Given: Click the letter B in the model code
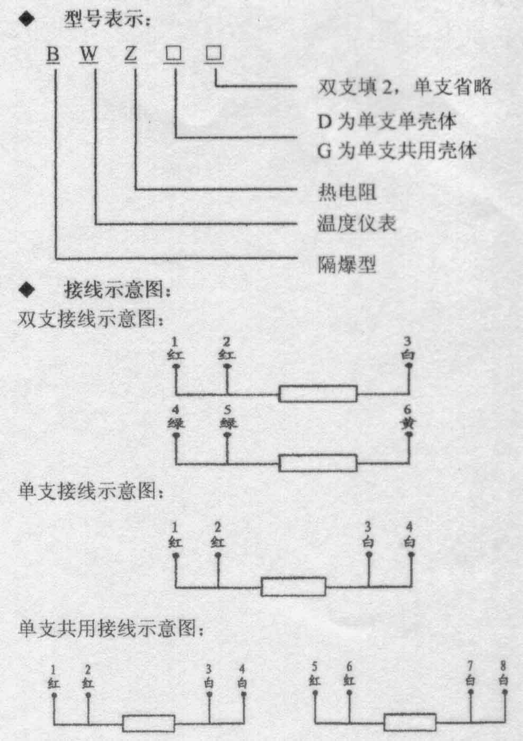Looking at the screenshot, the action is [52, 54].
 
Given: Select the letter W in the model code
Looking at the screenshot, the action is [88, 54].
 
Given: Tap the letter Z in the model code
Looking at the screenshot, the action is [130, 54].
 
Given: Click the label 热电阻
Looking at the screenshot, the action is [347, 192].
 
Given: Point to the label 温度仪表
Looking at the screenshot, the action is [357, 223].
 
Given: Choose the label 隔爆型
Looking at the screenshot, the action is [347, 264].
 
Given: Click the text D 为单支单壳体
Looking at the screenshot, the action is [387, 121].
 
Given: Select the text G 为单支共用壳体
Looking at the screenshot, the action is [397, 151].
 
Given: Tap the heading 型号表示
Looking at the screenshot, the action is [107, 19].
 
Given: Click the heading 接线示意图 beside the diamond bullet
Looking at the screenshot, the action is [117, 290].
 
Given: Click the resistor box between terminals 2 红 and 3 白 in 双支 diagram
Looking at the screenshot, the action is [318, 394].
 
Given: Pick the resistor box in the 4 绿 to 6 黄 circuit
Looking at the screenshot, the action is [318, 463].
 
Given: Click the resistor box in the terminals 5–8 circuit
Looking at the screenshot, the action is [410, 722].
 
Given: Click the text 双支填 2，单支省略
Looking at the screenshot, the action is [405, 87].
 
